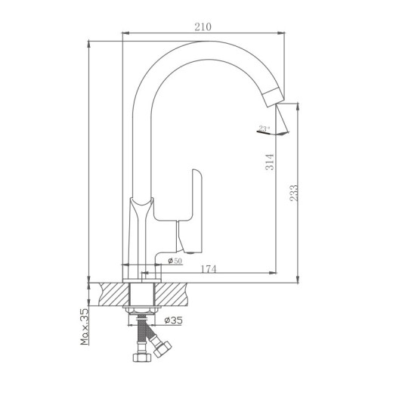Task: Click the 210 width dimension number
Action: click(203, 26)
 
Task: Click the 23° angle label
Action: click(264, 128)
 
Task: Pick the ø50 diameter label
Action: click(175, 261)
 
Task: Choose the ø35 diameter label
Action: click(174, 320)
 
